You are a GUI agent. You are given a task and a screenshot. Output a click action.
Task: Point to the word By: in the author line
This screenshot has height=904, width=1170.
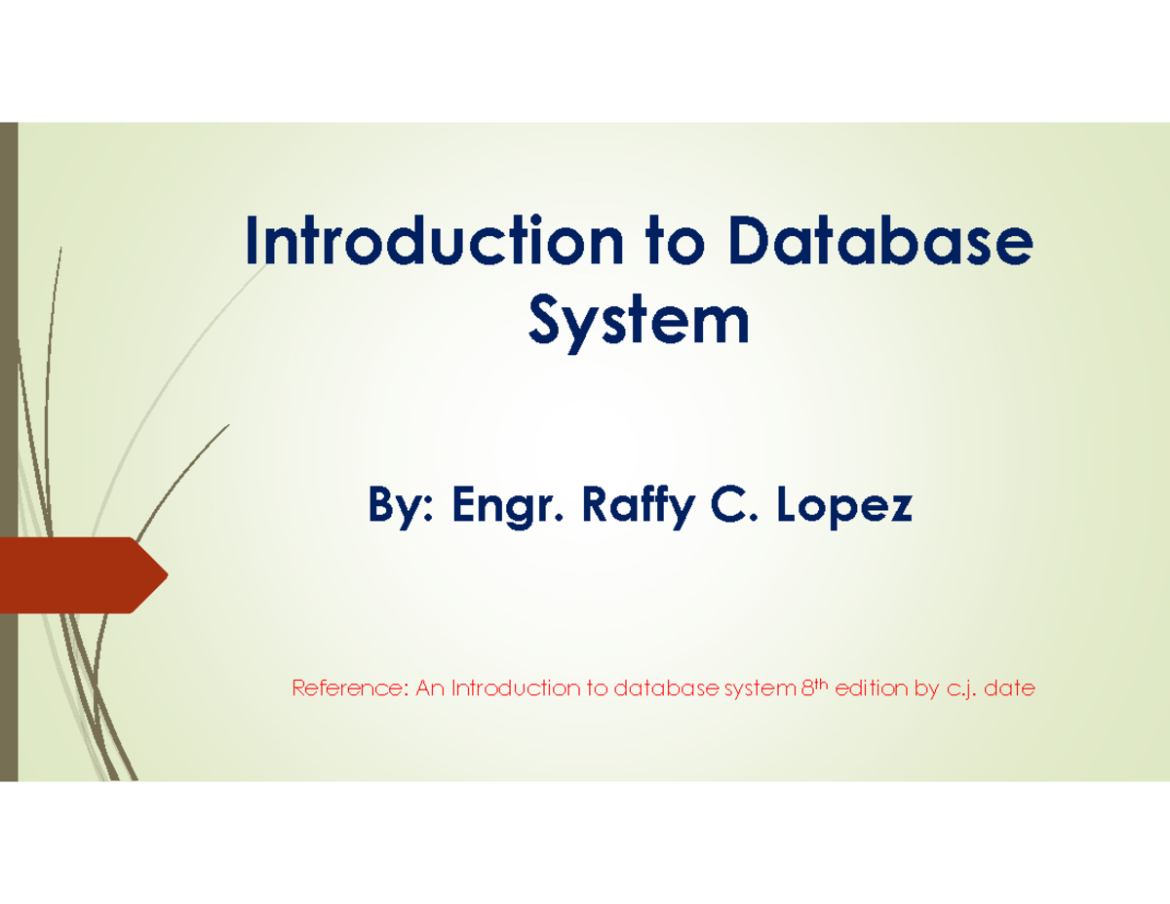400,507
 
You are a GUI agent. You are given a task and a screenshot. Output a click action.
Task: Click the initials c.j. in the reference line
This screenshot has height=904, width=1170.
960,690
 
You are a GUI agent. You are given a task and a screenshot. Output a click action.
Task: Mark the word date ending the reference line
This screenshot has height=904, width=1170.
1010,690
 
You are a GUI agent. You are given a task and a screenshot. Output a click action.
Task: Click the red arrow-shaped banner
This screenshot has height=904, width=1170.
78,574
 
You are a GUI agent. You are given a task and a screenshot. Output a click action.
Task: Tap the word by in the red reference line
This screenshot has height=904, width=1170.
925,690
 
